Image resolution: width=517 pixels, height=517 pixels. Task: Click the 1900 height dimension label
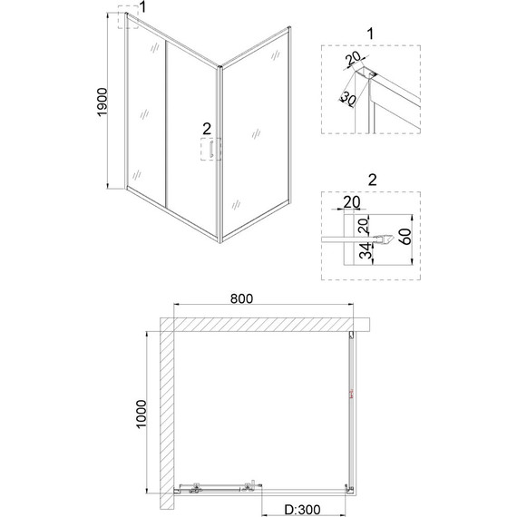tap(102, 102)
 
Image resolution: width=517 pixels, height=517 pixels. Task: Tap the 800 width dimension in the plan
tap(241, 298)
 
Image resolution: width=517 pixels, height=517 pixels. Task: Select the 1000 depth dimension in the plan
tap(141, 414)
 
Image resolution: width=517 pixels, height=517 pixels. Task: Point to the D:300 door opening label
tap(302, 510)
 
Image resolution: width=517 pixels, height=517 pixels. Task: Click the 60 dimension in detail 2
tap(406, 237)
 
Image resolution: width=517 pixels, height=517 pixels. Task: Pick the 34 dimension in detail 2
tap(365, 251)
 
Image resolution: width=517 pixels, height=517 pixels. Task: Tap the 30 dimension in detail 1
tap(348, 99)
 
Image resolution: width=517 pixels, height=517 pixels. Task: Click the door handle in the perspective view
tap(211, 149)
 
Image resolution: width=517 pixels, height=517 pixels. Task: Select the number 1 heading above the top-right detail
tap(371, 34)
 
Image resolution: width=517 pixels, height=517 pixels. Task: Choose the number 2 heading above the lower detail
tap(372, 180)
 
